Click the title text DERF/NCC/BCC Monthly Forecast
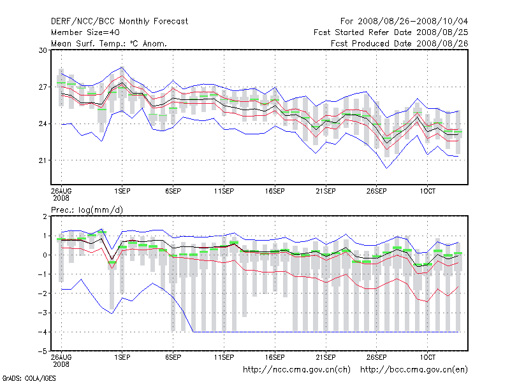pyautogui.click(x=119, y=21)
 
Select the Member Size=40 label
pyautogui.click(x=85, y=32)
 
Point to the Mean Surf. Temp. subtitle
pyautogui.click(x=109, y=43)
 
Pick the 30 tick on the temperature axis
pyautogui.click(x=43, y=50)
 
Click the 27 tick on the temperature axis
pyautogui.click(x=43, y=87)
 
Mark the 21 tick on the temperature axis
pyautogui.click(x=43, y=160)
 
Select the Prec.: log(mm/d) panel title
pyautogui.click(x=85, y=209)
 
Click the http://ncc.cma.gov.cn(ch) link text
pyautogui.click(x=296, y=369)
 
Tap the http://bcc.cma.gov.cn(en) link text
pyautogui.click(x=414, y=369)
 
